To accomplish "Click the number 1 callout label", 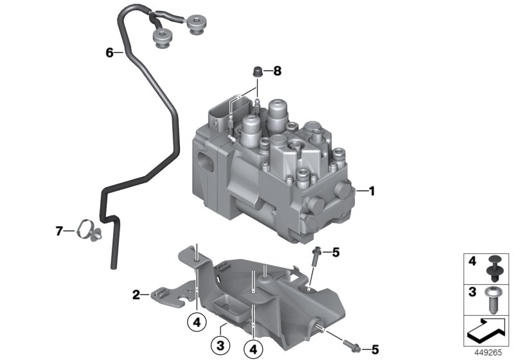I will pyautogui.click(x=370, y=190).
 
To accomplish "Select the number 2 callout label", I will pyautogui.click(x=136, y=295).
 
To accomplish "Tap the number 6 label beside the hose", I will pyautogui.click(x=109, y=52).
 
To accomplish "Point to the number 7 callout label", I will pyautogui.click(x=60, y=230).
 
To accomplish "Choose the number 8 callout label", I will pyautogui.click(x=278, y=71).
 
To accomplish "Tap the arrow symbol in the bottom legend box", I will pyautogui.click(x=486, y=330).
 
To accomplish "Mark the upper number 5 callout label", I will pyautogui.click(x=335, y=252).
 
